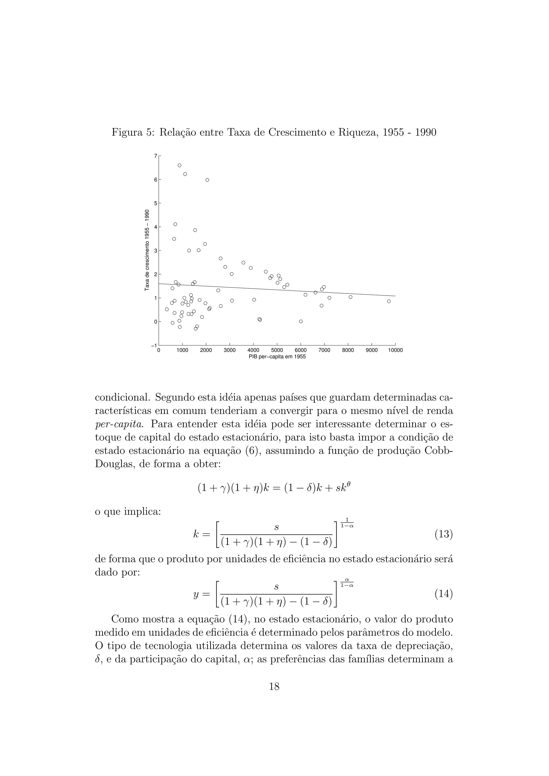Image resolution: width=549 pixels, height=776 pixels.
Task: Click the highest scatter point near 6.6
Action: [x=180, y=165]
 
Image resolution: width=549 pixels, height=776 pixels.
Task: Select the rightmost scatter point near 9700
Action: [x=389, y=301]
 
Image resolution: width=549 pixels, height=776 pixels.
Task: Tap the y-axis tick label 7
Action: [x=155, y=156]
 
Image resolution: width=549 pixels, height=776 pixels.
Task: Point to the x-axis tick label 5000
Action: [x=277, y=350]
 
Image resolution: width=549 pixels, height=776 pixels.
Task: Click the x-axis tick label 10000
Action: [x=395, y=350]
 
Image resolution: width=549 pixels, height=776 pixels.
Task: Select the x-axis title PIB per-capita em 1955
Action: [x=277, y=357]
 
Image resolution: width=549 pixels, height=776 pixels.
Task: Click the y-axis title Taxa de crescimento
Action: [x=147, y=250]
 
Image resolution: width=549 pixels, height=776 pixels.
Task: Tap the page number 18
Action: [x=274, y=687]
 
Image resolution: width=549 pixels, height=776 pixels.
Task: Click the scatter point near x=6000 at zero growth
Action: [x=301, y=321]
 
